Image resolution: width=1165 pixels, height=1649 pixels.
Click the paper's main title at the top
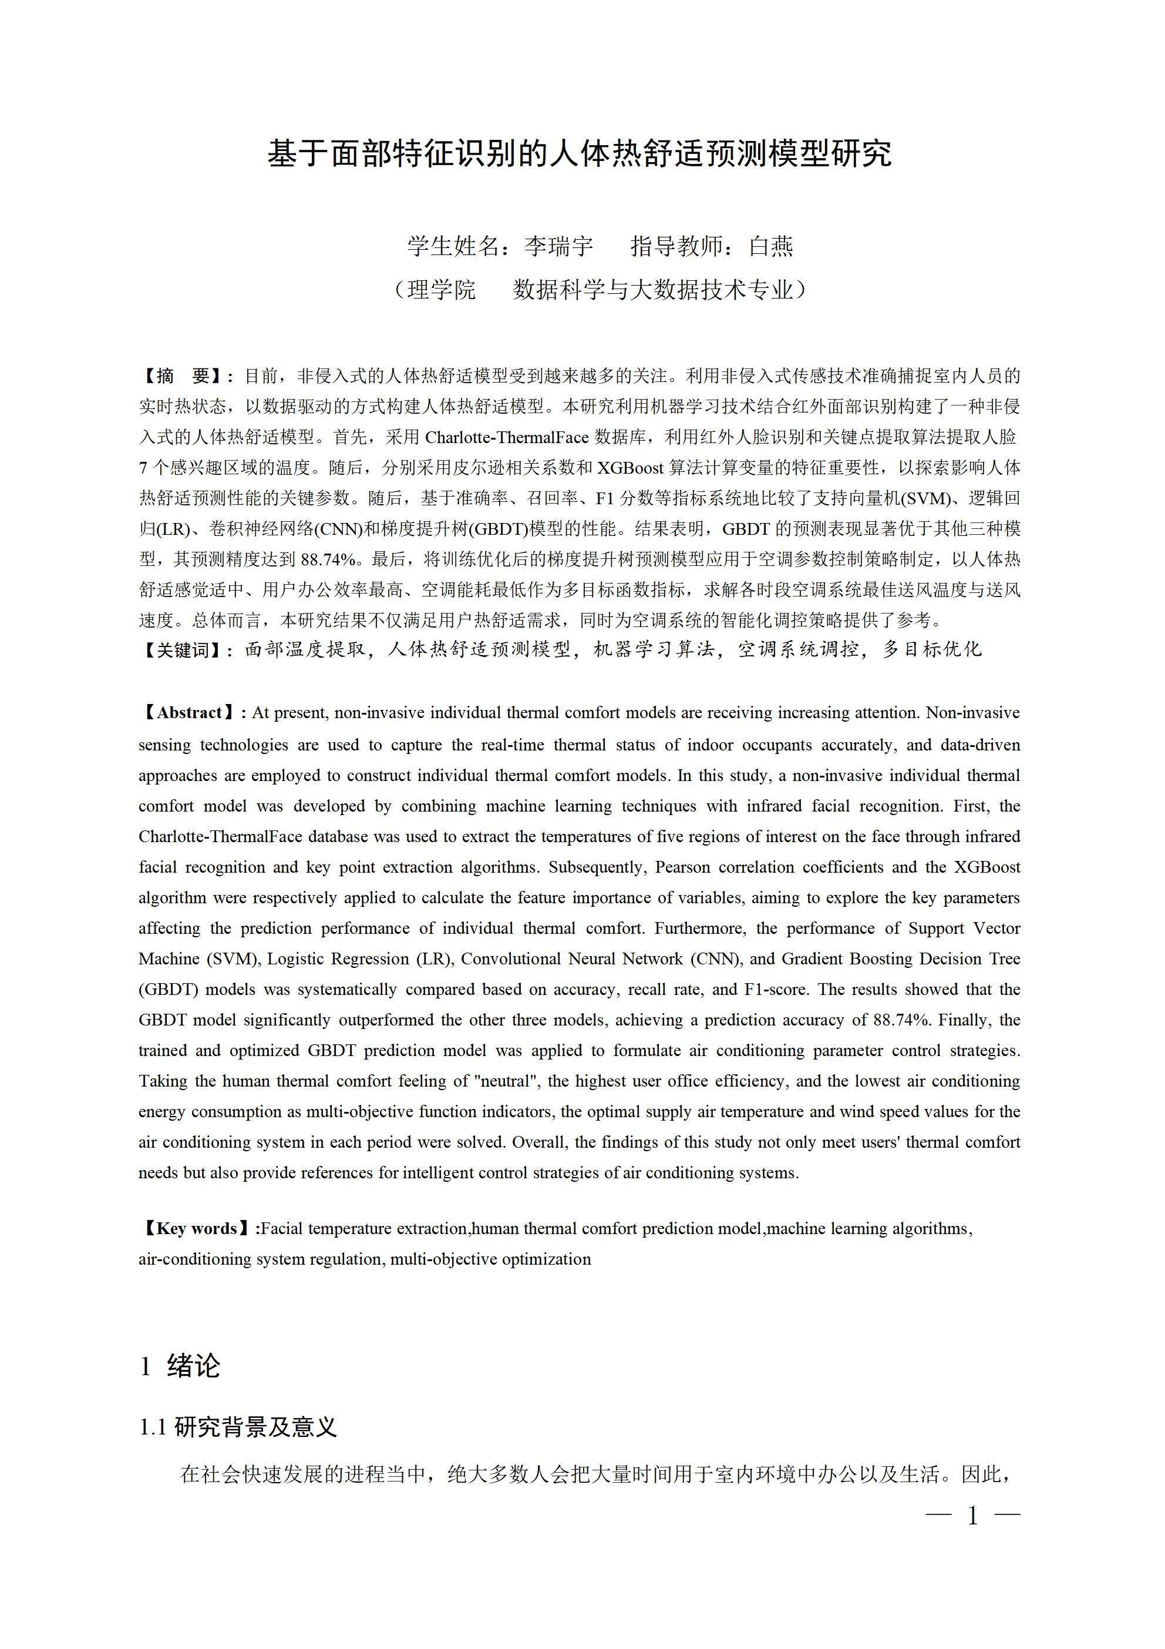tap(580, 154)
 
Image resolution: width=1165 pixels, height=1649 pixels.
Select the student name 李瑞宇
tap(558, 246)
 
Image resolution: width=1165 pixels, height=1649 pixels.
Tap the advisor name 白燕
tap(770, 246)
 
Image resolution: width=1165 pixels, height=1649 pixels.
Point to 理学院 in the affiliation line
tap(442, 290)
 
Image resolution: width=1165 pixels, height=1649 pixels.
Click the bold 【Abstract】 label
tap(190, 712)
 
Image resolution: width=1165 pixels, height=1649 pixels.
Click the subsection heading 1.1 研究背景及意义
tap(238, 1426)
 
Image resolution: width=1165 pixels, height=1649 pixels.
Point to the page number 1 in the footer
tap(972, 1516)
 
